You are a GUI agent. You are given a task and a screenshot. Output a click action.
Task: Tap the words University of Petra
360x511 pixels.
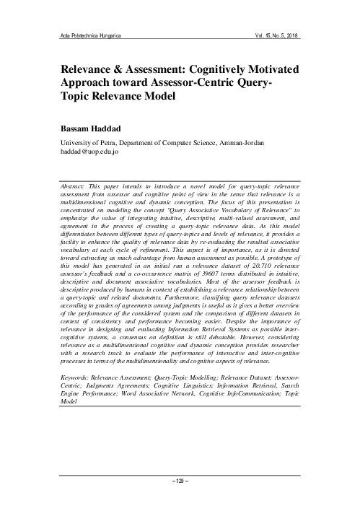92,143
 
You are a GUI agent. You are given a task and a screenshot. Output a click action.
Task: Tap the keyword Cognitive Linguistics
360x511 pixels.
153,386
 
